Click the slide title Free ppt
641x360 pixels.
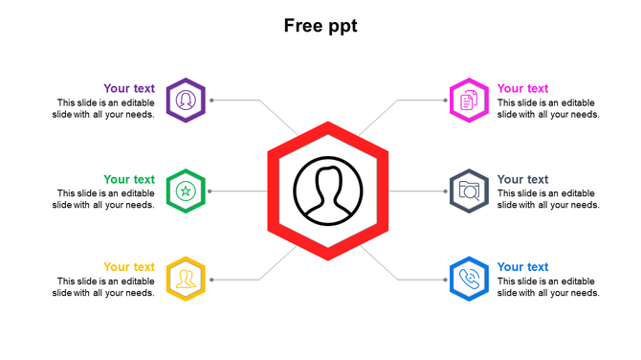tap(320, 26)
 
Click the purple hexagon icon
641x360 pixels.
tap(186, 100)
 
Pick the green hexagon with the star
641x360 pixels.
tap(186, 191)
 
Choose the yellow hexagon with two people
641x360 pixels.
tap(186, 280)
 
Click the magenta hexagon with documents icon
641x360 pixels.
tap(469, 100)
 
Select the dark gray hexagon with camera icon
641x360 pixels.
tap(469, 191)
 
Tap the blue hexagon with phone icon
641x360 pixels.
tap(469, 280)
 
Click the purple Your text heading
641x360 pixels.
tap(129, 89)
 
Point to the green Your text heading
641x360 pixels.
tap(129, 179)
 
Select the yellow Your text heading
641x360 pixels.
tap(129, 267)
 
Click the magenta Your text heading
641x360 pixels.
tap(523, 89)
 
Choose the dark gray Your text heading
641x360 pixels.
tap(523, 179)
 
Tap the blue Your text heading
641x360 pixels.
tap(523, 267)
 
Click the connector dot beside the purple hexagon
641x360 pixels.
tap(211, 100)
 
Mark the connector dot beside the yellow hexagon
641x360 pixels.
tap(211, 280)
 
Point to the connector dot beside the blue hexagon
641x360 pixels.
tap(444, 280)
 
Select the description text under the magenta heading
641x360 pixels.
tap(548, 108)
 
